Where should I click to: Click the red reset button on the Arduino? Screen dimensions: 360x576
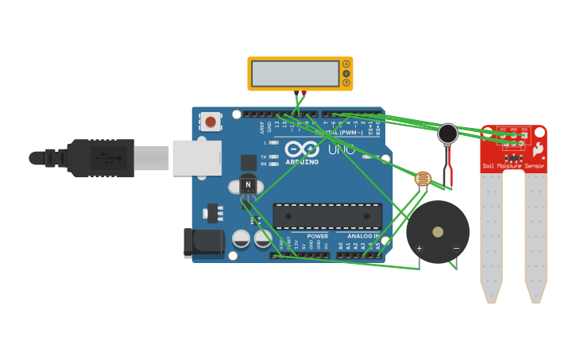(210, 122)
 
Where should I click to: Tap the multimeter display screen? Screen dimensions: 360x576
(295, 74)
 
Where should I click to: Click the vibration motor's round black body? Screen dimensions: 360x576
(448, 134)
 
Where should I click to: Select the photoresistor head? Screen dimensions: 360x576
(423, 179)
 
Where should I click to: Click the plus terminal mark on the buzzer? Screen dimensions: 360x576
(419, 249)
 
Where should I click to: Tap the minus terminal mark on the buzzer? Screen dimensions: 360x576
(456, 249)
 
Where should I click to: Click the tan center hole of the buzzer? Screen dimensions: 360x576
(438, 232)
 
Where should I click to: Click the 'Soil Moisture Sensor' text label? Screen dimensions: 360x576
(513, 166)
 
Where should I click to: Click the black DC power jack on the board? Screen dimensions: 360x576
(203, 243)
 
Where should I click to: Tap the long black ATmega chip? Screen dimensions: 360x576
(327, 216)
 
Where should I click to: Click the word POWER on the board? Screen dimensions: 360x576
(317, 236)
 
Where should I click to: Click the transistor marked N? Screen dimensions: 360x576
(248, 185)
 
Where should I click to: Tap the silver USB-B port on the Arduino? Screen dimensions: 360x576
(195, 157)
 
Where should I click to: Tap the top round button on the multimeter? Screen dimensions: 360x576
(346, 64)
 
